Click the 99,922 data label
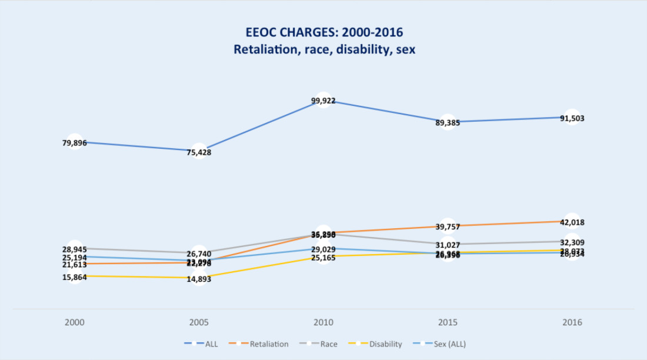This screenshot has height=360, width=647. click(x=323, y=101)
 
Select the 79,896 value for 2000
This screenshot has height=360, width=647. click(x=75, y=142)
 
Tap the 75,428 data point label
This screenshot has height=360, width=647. click(x=199, y=152)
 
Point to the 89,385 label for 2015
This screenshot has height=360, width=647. click(x=448, y=123)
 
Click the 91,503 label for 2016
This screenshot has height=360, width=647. click(x=572, y=118)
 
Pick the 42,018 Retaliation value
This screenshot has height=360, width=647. click(x=572, y=222)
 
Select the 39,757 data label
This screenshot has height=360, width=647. click(x=448, y=226)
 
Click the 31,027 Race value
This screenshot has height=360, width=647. click(x=448, y=245)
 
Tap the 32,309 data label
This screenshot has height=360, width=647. click(x=572, y=242)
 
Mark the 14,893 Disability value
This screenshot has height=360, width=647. click(x=199, y=279)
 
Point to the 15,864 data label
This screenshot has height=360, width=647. click(x=75, y=277)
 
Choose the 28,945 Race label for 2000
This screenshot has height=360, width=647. click(x=75, y=249)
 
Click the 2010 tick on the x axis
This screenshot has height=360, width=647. click(x=323, y=322)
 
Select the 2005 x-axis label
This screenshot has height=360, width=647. click(x=199, y=322)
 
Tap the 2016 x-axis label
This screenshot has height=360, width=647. click(x=572, y=322)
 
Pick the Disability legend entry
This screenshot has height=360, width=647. click(x=385, y=344)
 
